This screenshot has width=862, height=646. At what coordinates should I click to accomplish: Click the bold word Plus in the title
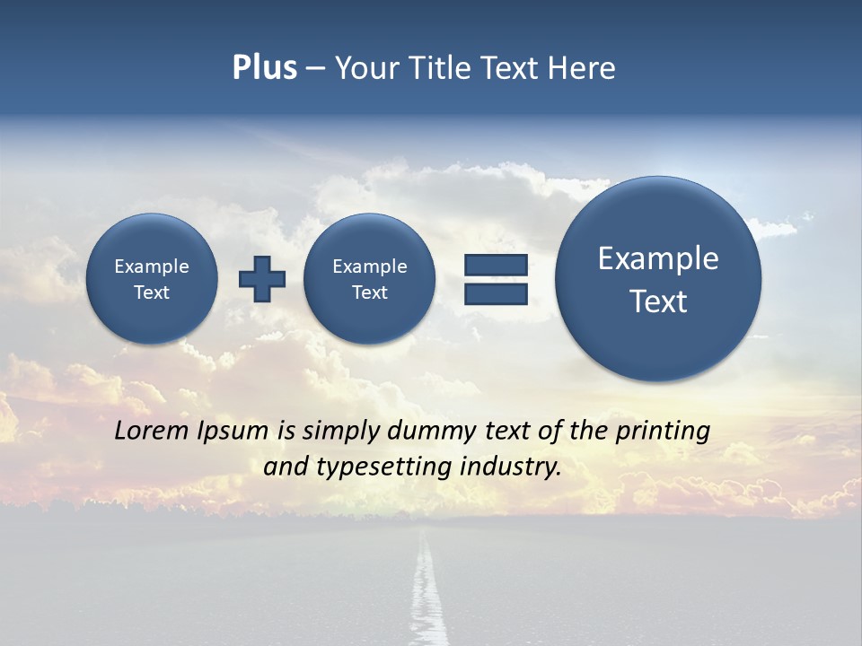[x=264, y=68]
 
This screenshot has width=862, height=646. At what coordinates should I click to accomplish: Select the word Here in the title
[x=584, y=68]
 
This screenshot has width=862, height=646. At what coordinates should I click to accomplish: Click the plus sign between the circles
[x=262, y=279]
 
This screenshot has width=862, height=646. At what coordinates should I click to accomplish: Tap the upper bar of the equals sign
[x=495, y=266]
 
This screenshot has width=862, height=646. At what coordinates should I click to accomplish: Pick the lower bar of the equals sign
[x=495, y=293]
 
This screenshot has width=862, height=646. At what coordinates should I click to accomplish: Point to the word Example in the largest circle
[x=658, y=258]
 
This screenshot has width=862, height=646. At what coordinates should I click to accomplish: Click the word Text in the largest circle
[x=658, y=301]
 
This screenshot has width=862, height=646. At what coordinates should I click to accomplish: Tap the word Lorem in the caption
[x=152, y=431]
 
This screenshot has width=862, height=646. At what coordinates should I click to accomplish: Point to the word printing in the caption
[x=663, y=432]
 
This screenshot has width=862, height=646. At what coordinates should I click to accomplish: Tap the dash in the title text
[x=315, y=69]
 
